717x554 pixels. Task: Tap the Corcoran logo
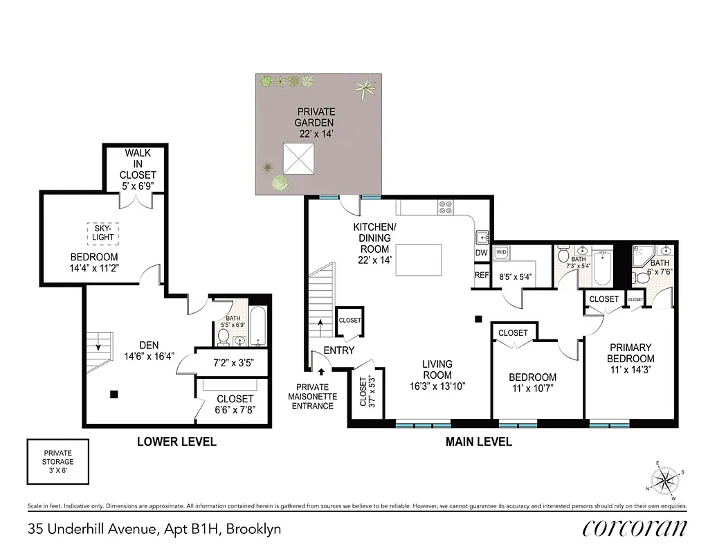tap(635, 528)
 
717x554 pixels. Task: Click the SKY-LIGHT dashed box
tap(102, 233)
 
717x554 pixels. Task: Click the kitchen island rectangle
tap(419, 260)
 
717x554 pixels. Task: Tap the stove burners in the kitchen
tap(446, 206)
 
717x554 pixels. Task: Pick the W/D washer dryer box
tap(501, 253)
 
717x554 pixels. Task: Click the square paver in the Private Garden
tap(299, 160)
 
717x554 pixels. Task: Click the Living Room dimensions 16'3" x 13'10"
tap(437, 386)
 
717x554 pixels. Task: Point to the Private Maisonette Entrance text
tap(312, 396)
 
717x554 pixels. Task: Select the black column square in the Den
tap(114, 395)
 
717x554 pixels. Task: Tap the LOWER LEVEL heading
tap(176, 441)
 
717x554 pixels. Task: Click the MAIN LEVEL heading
tap(479, 441)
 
